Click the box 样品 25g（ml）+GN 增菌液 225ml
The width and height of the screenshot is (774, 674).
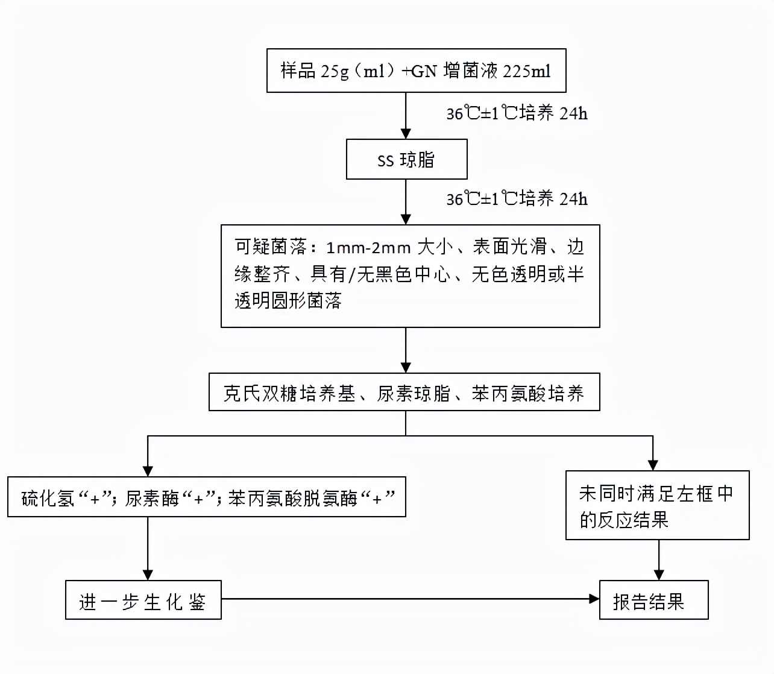point(416,71)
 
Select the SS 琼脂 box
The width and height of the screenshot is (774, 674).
point(406,160)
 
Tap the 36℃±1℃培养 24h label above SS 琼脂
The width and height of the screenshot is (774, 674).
point(517,113)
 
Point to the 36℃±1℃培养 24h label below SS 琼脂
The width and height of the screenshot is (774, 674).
point(517,198)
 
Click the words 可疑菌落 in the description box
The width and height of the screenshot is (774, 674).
point(271,247)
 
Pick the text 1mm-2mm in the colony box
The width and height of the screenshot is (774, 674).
point(368,247)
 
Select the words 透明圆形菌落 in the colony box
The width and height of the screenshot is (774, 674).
point(288,301)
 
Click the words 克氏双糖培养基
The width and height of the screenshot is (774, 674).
point(289,394)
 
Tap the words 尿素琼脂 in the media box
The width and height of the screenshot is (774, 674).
point(414,394)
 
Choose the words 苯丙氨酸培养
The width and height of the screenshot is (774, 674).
point(527,394)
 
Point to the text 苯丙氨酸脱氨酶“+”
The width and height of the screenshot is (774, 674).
point(311,499)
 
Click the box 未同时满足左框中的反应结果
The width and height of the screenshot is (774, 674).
point(657,506)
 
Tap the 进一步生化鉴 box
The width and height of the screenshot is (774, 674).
point(143,601)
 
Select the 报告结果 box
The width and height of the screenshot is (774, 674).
point(653,601)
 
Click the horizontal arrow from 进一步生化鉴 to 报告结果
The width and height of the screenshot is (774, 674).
point(410,599)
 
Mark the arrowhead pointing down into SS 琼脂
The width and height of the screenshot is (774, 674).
point(406,133)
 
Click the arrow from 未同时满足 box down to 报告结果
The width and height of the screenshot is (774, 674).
point(659,561)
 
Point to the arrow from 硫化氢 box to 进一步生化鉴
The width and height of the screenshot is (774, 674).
point(148,549)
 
